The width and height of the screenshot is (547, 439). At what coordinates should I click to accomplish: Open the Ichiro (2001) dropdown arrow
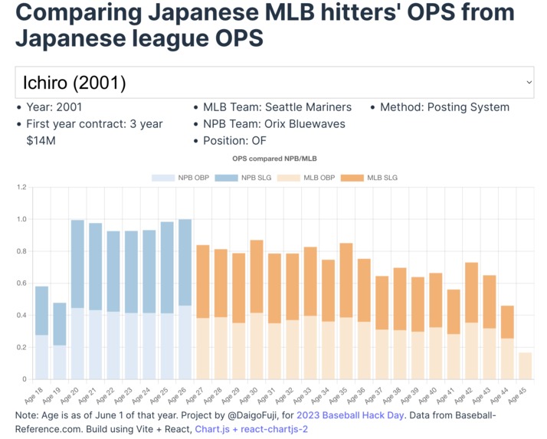(529, 82)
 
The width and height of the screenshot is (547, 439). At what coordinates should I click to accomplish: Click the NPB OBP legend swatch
(163, 178)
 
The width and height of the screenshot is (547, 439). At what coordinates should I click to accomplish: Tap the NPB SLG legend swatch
(226, 178)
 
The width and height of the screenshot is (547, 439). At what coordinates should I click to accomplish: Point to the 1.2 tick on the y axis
(21, 187)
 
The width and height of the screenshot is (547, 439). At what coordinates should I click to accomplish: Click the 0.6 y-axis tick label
(21, 283)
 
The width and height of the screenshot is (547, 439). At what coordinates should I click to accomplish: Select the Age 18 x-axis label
(34, 395)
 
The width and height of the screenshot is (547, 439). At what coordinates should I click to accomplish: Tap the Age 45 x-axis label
(517, 395)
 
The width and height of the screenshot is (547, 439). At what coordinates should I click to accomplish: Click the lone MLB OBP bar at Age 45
(525, 365)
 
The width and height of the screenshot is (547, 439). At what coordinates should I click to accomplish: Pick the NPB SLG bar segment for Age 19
(60, 324)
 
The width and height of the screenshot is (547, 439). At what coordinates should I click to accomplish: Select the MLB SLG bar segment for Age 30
(257, 277)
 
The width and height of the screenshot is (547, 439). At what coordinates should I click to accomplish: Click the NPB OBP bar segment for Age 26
(185, 342)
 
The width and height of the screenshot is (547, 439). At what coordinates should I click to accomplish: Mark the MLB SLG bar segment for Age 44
(507, 322)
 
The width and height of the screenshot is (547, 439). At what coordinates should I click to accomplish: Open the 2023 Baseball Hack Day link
(350, 415)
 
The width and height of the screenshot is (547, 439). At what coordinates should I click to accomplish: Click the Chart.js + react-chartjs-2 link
(251, 429)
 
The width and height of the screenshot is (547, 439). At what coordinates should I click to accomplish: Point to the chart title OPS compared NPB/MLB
(274, 159)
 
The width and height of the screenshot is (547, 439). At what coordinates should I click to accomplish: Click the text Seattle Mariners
(309, 107)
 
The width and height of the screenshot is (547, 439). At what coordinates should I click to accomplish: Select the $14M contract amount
(41, 141)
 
